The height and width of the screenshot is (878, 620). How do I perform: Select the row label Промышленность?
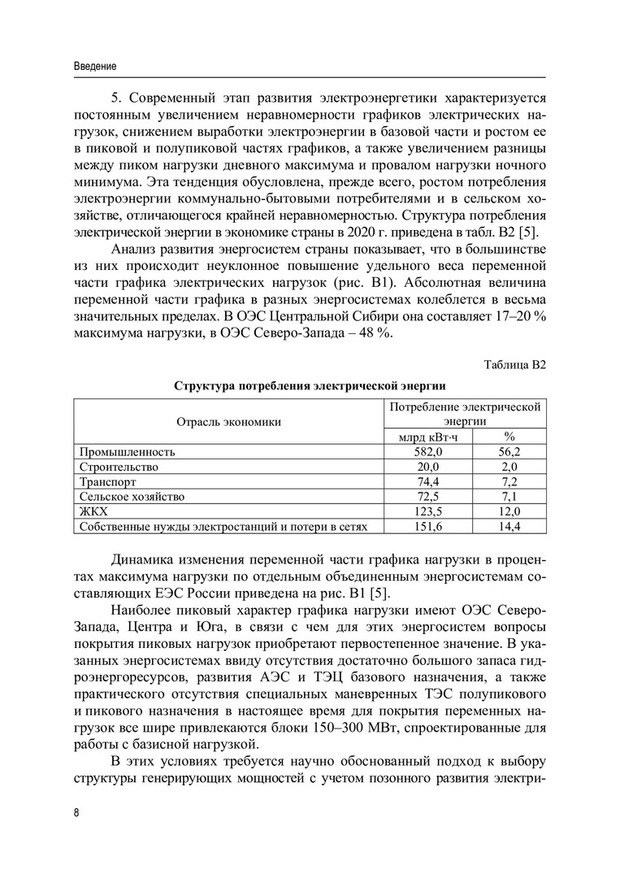[x=127, y=451]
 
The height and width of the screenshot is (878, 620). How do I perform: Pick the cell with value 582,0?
[x=428, y=451]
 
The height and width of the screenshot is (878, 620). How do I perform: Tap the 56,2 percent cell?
[x=509, y=451]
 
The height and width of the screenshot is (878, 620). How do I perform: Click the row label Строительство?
[x=119, y=467]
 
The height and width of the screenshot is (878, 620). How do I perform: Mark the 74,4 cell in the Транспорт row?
[x=428, y=481]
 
